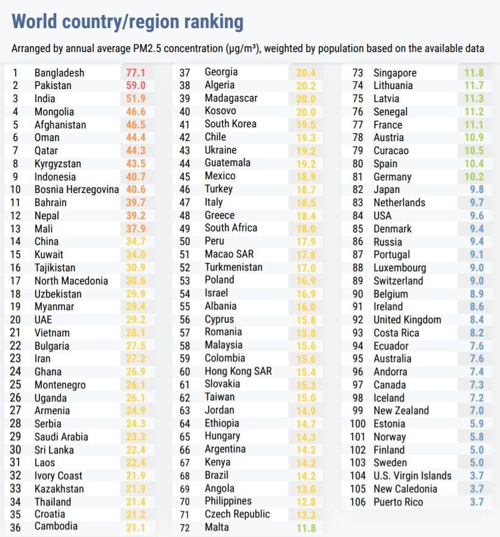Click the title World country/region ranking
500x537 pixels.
pyautogui.click(x=128, y=22)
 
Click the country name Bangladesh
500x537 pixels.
pyautogui.click(x=59, y=73)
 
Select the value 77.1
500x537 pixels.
pyautogui.click(x=136, y=73)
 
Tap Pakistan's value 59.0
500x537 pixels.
pyautogui.click(x=136, y=85)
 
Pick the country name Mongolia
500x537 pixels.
pyautogui.click(x=54, y=112)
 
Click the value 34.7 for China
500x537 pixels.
pyautogui.click(x=136, y=241)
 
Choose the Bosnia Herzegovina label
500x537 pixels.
pyautogui.click(x=77, y=189)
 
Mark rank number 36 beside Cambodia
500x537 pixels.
pyautogui.click(x=16, y=527)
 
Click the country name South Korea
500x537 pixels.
pyautogui.click(x=230, y=124)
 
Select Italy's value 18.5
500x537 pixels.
pyautogui.click(x=305, y=202)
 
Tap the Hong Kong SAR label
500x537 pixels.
pyautogui.click(x=238, y=371)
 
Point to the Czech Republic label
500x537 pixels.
pyautogui.click(x=237, y=514)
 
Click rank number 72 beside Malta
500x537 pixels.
pyautogui.click(x=185, y=527)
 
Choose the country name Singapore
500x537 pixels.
pyautogui.click(x=395, y=73)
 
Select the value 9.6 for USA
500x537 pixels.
pyautogui.click(x=476, y=216)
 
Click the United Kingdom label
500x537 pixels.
pyautogui.click(x=408, y=320)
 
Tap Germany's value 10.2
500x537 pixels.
pyautogui.click(x=474, y=177)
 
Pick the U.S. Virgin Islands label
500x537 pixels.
pyautogui.click(x=412, y=475)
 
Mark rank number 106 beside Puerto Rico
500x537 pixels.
pyautogui.click(x=357, y=502)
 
